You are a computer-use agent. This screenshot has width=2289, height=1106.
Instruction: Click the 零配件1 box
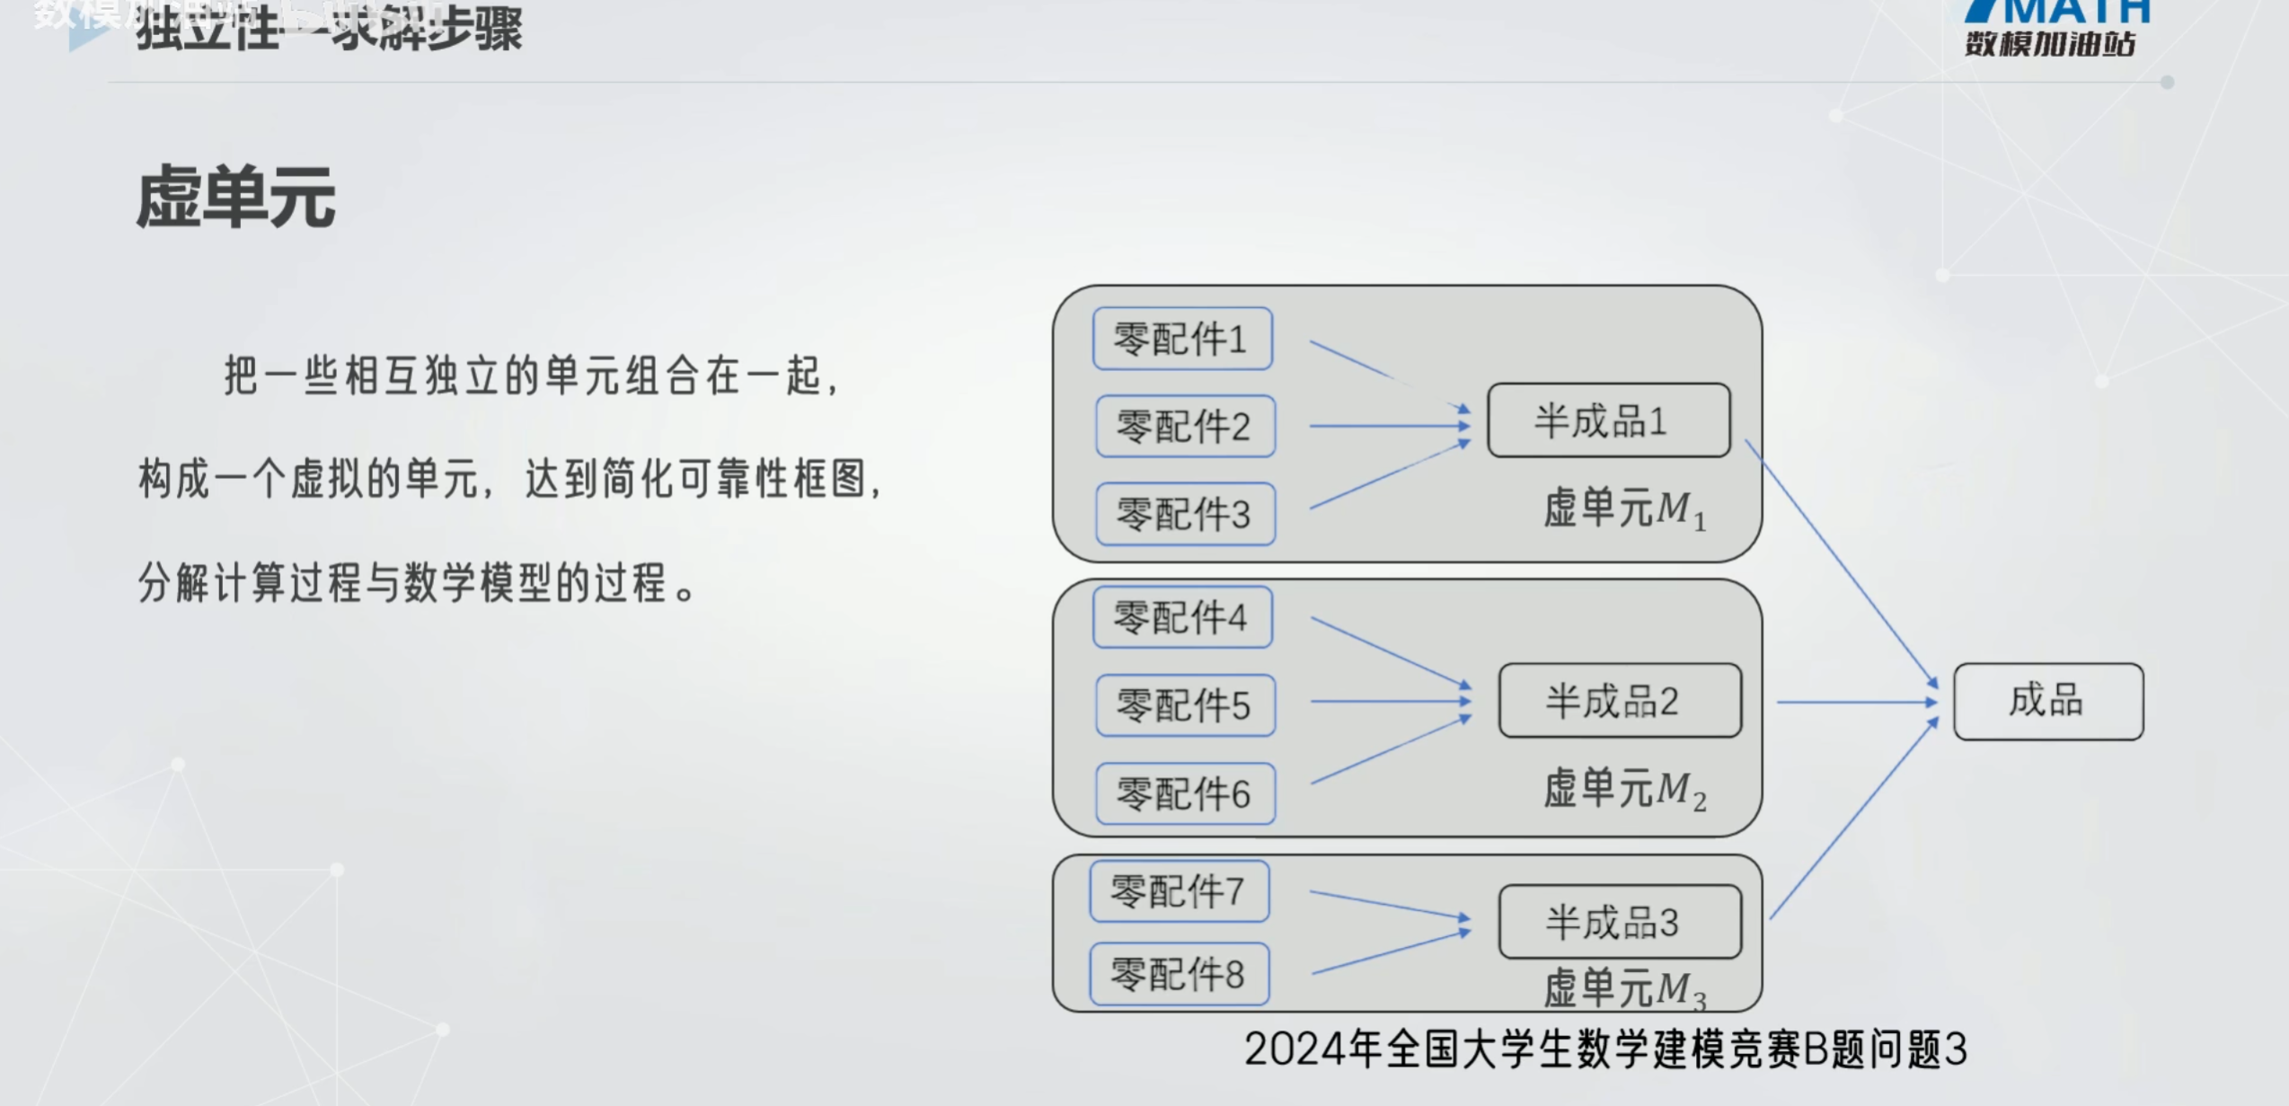[x=1182, y=339]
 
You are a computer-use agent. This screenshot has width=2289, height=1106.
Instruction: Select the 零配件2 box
[x=1185, y=426]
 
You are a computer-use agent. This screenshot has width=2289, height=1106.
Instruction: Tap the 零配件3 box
[x=1185, y=514]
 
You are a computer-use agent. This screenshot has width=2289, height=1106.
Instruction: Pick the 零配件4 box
[x=1182, y=617]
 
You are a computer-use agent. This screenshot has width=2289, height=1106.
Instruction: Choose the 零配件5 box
[x=1185, y=705]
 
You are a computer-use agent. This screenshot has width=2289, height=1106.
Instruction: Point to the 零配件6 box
[x=1185, y=793]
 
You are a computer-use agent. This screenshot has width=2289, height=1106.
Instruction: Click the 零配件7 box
[x=1180, y=891]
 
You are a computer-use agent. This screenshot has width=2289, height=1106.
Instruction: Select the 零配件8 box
[x=1180, y=974]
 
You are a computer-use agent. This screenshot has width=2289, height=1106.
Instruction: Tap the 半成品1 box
[x=1608, y=420]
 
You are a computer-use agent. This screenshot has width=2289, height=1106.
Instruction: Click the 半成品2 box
[x=1619, y=701]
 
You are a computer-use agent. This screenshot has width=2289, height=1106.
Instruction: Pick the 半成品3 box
[x=1619, y=922]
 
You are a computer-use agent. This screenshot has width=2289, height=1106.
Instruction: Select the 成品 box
[x=2047, y=701]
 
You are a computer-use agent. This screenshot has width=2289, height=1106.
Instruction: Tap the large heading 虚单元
[x=236, y=199]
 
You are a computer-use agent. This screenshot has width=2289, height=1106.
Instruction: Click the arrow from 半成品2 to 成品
[x=1856, y=702]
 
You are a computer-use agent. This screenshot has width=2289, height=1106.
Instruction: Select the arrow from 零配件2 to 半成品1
[x=1388, y=426]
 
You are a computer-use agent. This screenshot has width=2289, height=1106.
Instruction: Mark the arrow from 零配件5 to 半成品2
[x=1388, y=701]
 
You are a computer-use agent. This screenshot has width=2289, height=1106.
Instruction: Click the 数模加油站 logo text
[x=2049, y=43]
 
